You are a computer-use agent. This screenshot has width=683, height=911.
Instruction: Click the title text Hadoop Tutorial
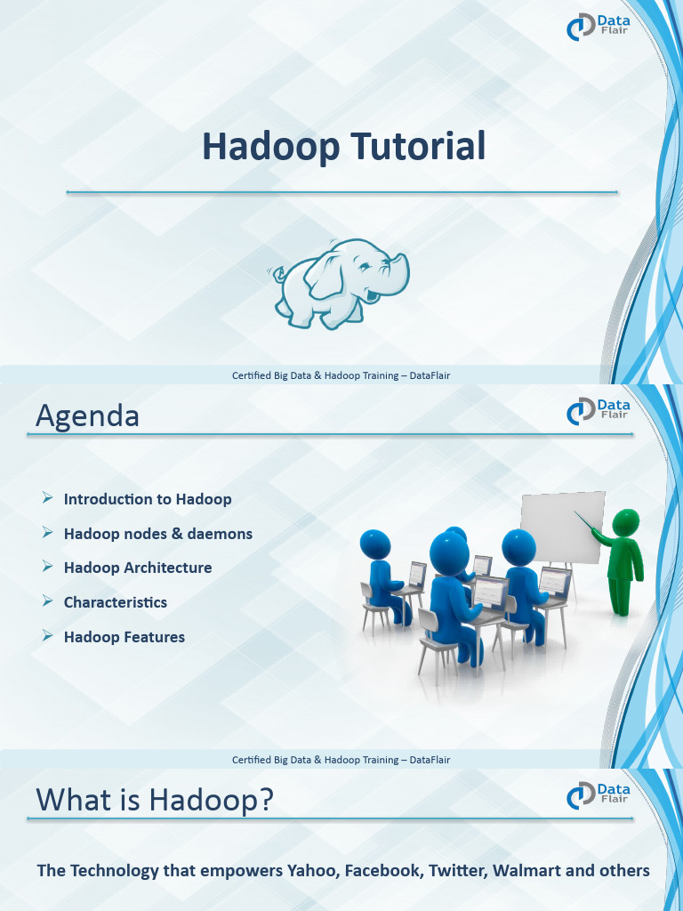click(343, 146)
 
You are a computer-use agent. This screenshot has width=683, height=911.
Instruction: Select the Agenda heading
click(87, 415)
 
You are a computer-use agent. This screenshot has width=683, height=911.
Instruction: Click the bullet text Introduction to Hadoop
click(148, 499)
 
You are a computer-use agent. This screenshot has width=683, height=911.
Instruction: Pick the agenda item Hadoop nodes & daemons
click(158, 534)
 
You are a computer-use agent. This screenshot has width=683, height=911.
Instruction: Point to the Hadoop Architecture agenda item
click(138, 568)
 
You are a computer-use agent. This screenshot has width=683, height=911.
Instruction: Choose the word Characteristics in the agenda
click(116, 602)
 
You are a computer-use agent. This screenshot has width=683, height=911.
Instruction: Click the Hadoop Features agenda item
click(125, 637)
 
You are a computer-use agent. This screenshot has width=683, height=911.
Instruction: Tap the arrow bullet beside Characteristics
click(48, 602)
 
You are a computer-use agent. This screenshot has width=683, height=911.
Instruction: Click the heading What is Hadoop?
click(154, 800)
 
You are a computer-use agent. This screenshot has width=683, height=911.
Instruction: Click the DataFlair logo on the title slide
click(599, 27)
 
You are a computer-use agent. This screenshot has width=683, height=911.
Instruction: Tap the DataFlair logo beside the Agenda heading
click(599, 410)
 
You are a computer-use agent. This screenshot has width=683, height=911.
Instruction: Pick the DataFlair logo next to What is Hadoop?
click(599, 794)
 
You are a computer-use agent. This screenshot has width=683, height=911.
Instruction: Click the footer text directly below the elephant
click(341, 375)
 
